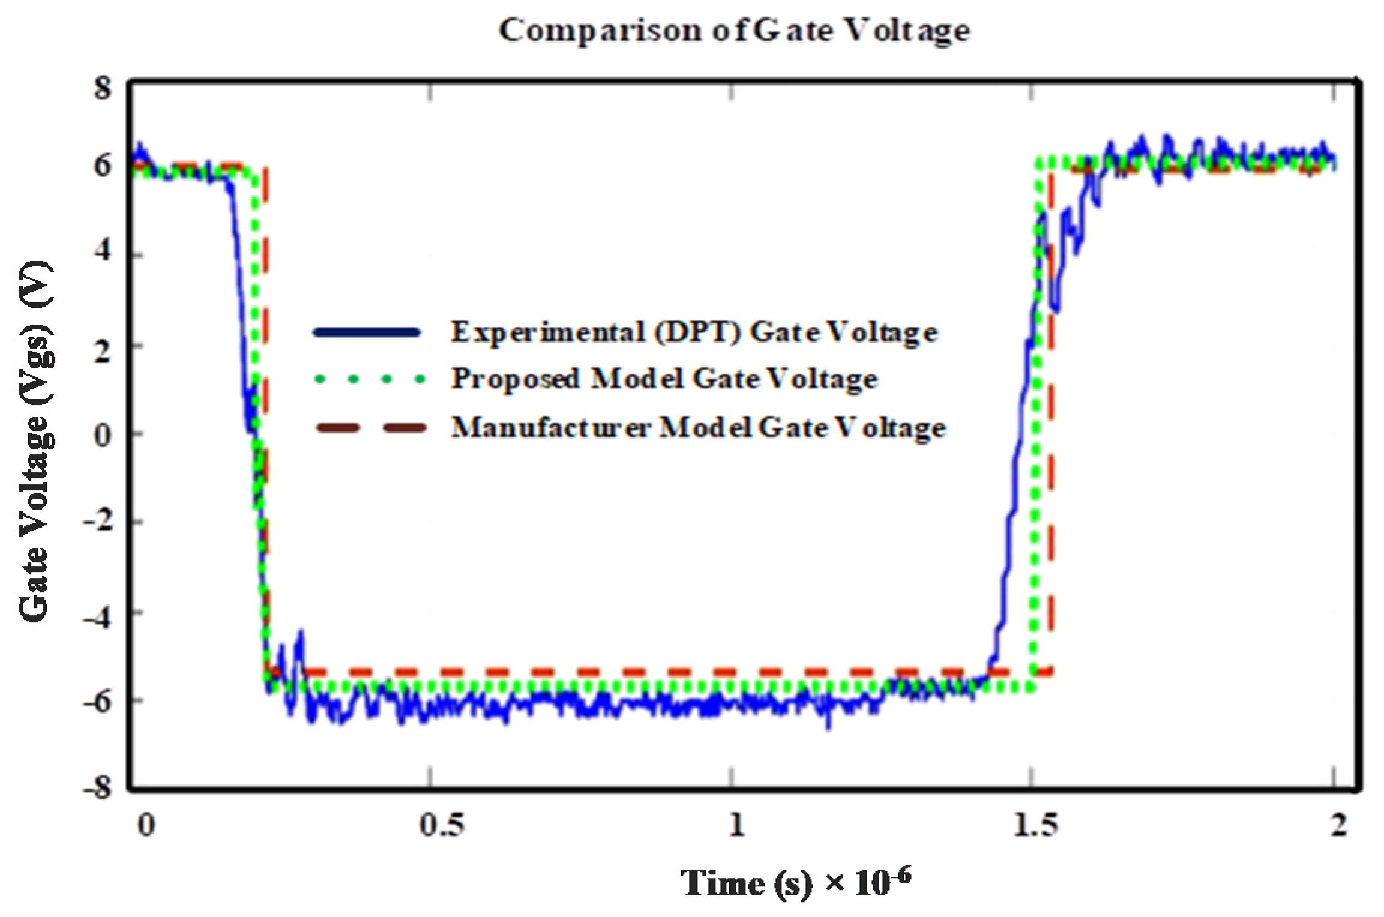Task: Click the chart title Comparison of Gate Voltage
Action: (x=734, y=30)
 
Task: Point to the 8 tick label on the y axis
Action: (x=102, y=88)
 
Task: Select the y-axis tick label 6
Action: (x=102, y=165)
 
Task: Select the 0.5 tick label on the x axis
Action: (x=442, y=825)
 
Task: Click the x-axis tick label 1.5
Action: (x=1035, y=825)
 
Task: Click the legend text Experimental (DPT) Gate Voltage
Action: (x=694, y=332)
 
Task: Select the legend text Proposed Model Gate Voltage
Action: (x=664, y=379)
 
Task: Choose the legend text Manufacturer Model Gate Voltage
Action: (x=698, y=428)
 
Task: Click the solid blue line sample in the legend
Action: (x=367, y=332)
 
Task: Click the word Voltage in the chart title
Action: (x=906, y=30)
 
